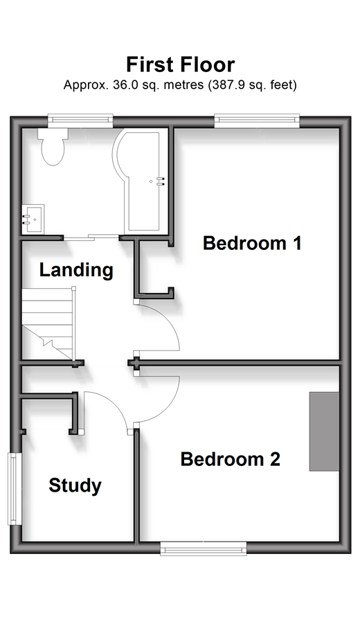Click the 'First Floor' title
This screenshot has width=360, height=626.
[181, 64]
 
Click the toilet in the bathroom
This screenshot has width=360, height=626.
[53, 147]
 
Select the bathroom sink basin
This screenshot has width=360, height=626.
[33, 220]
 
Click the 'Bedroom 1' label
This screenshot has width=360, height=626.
[252, 243]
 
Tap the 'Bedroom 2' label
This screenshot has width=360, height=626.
[231, 459]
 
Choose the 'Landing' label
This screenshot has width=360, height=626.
[76, 270]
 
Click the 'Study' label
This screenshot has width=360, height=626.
[75, 485]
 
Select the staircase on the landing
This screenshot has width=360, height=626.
[48, 323]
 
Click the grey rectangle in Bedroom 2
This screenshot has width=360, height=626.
[324, 431]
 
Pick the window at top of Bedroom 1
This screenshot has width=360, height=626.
[257, 120]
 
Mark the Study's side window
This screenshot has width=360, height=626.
[15, 489]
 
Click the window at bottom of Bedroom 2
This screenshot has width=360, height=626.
[203, 548]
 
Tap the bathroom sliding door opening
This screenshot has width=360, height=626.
[91, 238]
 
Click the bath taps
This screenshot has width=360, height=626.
[161, 181]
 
